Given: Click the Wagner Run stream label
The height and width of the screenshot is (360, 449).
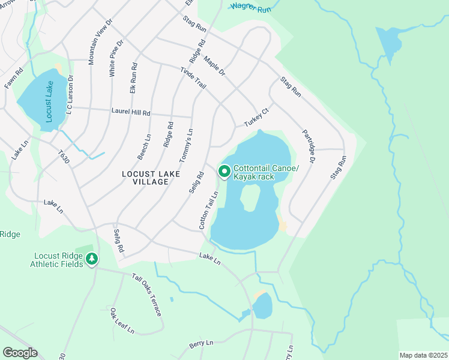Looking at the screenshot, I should (250, 8).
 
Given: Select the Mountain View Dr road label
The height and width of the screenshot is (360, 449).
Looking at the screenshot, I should (100, 42).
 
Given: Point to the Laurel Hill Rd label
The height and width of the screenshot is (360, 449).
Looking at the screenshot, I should (130, 112).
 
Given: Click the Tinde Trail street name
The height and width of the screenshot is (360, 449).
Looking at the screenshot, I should (193, 79).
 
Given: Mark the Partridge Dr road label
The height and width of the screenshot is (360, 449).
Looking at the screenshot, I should (309, 146).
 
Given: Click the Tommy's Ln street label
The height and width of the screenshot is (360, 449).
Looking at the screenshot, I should (187, 145).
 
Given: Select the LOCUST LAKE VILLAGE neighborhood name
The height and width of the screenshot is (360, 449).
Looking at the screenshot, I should (145, 178).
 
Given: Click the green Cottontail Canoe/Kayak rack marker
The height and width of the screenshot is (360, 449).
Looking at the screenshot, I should (224, 172).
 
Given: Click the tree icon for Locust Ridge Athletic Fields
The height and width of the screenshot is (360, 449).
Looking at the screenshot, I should (91, 259).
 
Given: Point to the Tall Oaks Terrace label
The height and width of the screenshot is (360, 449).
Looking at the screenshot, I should (147, 295).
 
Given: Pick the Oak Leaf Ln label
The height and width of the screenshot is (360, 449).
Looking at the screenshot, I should (122, 321).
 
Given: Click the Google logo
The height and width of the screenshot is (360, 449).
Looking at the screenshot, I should (20, 352).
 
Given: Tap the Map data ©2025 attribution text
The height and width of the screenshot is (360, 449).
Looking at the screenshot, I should (423, 355).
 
